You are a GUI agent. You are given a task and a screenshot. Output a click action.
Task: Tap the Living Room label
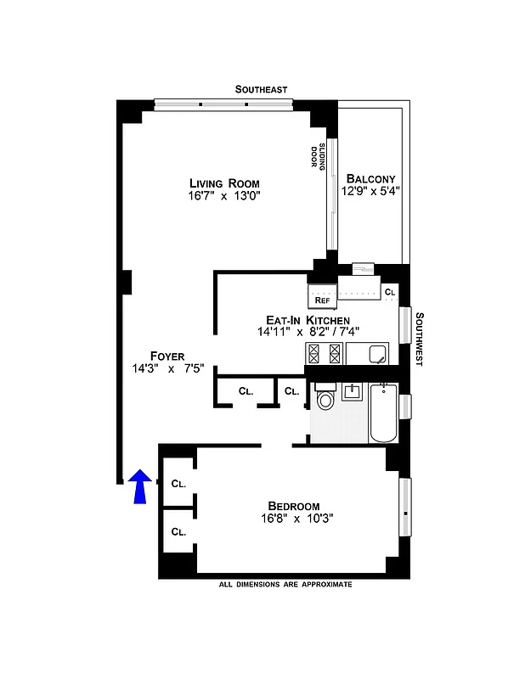point(224,183)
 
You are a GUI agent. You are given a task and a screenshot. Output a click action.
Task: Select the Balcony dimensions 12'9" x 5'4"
point(370,192)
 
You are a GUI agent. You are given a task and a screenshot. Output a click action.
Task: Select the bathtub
point(383,412)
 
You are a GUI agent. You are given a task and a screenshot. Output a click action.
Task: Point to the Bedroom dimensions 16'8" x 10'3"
point(296,518)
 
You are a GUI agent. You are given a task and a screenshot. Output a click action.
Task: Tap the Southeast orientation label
point(262,89)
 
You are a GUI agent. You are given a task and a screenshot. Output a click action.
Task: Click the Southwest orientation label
point(420,337)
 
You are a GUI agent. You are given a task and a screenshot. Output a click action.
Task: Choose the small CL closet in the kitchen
point(390,292)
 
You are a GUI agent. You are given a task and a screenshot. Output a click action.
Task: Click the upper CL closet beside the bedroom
point(178,484)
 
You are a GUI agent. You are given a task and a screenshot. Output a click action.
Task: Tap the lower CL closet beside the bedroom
point(178,532)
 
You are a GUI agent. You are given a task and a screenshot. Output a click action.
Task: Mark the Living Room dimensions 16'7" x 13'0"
point(223,197)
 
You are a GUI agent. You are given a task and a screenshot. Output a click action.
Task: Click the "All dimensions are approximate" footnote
point(285,585)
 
